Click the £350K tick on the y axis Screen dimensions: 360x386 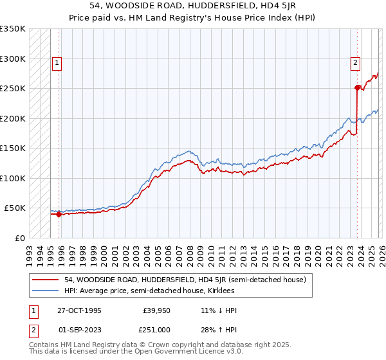pos(13,29)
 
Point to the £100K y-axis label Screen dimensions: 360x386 pos(13,178)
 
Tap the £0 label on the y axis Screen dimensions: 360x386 pos(19,238)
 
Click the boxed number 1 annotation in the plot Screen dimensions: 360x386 pos(57,63)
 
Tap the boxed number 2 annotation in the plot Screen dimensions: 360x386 pos(354,63)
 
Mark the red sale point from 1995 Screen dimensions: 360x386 pos(59,215)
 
